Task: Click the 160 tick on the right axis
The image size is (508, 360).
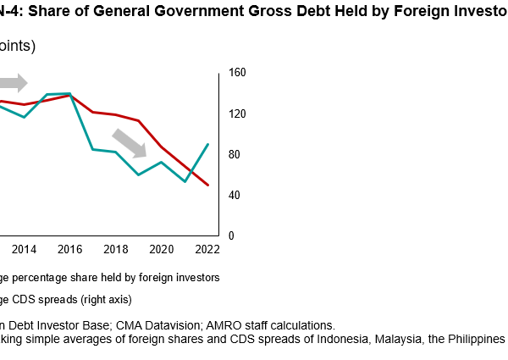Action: coord(236,74)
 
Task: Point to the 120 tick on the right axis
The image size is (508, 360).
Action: coord(236,114)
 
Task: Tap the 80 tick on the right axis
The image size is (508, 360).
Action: coord(234,155)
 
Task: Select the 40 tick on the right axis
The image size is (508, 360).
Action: coord(234,196)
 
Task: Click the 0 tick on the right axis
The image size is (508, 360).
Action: coord(230,235)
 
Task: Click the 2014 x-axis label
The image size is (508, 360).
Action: coord(24,250)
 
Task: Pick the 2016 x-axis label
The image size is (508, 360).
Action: coord(69,250)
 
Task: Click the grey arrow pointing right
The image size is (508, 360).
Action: coord(14,83)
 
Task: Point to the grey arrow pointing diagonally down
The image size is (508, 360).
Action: coord(129,142)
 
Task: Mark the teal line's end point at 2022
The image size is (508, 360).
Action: coord(208,144)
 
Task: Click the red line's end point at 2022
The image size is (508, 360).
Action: coord(208,185)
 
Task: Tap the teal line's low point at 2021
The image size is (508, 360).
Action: coord(185,181)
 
